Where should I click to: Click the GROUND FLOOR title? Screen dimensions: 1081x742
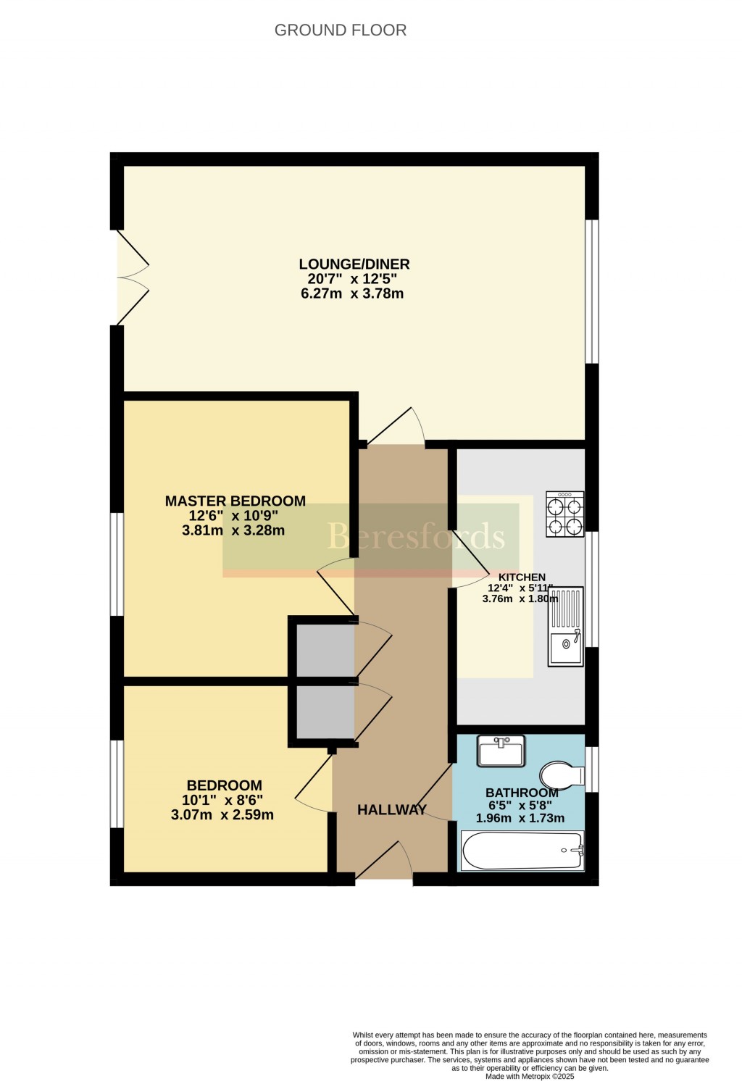(x=341, y=30)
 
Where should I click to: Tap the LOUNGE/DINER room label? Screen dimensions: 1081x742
(x=354, y=264)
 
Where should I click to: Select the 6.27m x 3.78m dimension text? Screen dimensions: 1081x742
(x=351, y=293)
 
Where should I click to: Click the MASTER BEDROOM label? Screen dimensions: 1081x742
(x=235, y=501)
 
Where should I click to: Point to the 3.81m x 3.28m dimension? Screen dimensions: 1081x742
(x=233, y=530)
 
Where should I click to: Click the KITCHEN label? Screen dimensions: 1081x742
(x=522, y=577)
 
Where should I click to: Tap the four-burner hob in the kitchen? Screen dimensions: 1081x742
(x=564, y=514)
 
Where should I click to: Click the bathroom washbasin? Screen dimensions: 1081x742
(x=501, y=751)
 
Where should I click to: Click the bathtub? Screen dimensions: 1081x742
(x=522, y=851)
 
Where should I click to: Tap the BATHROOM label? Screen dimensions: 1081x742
(x=522, y=793)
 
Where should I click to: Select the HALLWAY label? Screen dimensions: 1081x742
(x=391, y=810)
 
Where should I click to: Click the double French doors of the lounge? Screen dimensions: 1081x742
(x=132, y=277)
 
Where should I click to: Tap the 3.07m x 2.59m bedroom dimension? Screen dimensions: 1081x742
(x=222, y=815)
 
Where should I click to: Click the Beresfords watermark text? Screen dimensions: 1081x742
(x=415, y=536)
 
